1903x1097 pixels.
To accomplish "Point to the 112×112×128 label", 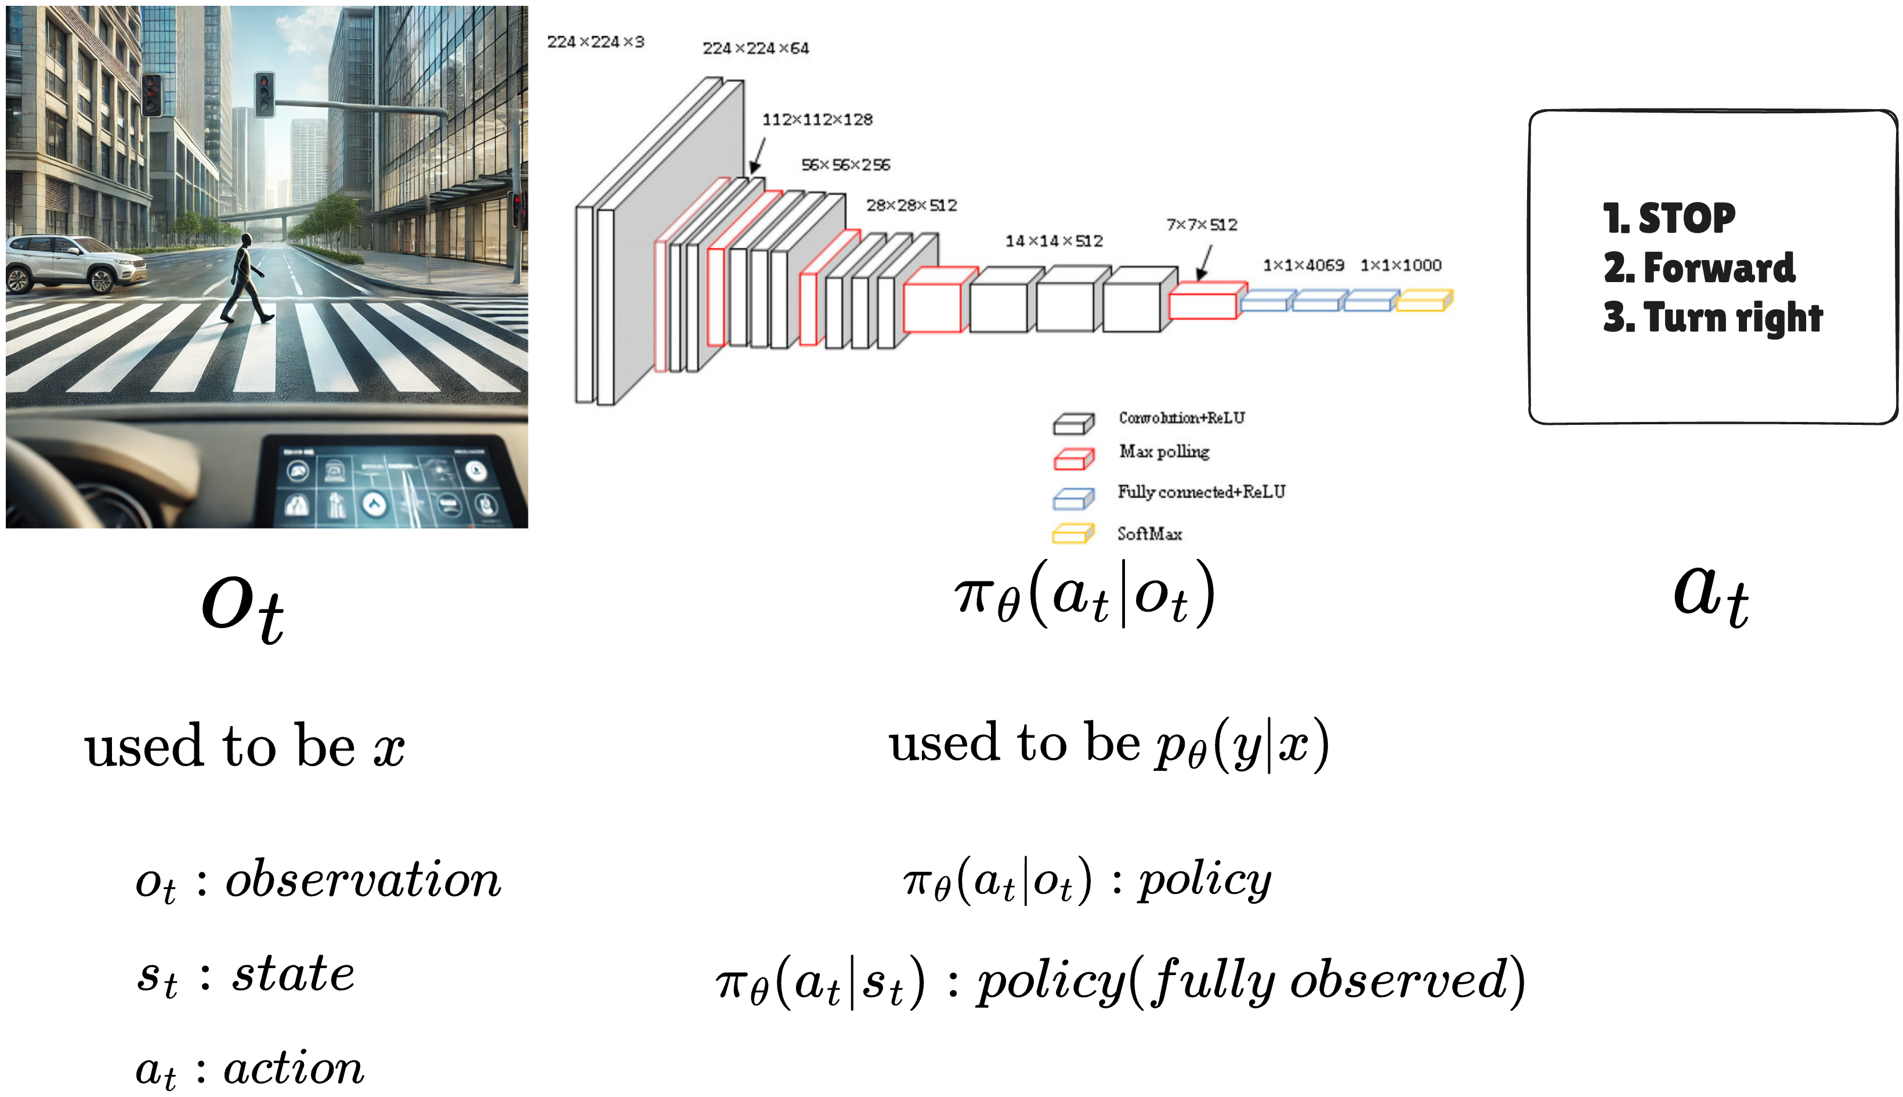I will (817, 120).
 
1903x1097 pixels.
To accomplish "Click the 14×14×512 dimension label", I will (1054, 241).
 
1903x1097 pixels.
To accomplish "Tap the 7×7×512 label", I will (1201, 225).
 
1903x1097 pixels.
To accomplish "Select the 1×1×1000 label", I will (1400, 265).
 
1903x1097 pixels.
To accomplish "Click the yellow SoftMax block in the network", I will (1423, 301).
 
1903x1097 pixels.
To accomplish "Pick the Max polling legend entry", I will (1163, 452).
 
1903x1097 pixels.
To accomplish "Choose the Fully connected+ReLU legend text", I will (1201, 492).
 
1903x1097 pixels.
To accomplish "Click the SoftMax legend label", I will (1149, 534).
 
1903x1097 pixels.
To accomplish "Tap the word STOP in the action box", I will (1686, 218).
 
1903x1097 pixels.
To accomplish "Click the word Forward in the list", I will (1719, 268).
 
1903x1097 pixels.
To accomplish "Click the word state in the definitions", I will (293, 974).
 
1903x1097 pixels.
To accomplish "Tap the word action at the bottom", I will (294, 1069).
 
